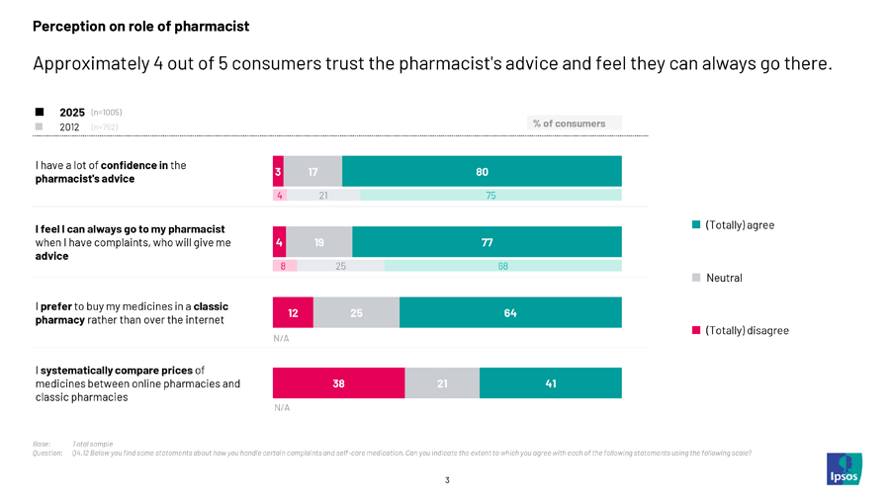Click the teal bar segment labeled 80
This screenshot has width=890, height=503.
(482, 171)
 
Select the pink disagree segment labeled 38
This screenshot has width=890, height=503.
(338, 383)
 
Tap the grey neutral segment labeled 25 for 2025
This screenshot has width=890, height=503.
(356, 312)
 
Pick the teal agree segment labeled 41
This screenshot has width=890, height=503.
(550, 383)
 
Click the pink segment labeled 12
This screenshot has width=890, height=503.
(293, 312)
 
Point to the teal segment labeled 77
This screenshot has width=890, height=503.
(487, 242)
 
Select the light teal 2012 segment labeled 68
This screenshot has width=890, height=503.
(502, 266)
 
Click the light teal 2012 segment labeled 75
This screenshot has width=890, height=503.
(490, 196)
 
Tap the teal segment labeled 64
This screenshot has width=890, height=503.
(510, 312)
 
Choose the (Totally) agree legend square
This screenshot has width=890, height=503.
(696, 225)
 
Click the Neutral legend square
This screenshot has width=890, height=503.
(696, 278)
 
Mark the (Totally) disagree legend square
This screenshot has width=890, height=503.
(696, 330)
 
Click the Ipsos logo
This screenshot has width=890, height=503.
(844, 468)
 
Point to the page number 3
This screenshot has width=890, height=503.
(447, 480)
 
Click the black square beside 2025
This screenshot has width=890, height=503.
(39, 112)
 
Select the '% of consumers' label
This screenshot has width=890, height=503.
(569, 124)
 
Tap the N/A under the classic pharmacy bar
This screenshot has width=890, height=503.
(281, 338)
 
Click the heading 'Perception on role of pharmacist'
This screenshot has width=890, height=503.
(140, 27)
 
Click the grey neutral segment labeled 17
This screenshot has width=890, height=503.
(312, 171)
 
